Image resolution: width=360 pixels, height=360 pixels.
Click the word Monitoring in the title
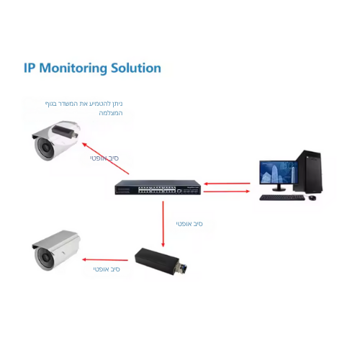(73, 68)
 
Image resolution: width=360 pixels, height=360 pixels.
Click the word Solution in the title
(136, 68)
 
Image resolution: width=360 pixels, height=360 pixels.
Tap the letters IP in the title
(30, 68)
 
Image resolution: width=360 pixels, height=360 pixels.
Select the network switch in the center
(158, 187)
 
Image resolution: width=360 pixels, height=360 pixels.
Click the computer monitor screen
(279, 173)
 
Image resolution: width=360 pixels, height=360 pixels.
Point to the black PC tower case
(308, 171)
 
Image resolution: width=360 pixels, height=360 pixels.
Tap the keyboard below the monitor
(282, 198)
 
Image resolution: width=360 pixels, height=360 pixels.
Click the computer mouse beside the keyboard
(312, 198)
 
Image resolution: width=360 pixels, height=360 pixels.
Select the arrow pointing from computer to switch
(227, 184)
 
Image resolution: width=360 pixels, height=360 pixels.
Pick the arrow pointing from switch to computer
(227, 192)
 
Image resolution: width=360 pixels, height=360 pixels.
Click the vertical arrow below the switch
(163, 224)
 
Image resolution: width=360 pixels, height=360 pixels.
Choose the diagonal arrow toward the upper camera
(106, 158)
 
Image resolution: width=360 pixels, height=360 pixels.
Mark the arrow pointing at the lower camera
(105, 260)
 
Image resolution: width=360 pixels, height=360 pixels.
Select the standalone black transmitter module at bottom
(161, 261)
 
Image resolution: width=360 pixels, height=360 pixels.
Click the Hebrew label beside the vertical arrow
(189, 224)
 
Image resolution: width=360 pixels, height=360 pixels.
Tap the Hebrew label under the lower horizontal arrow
(107, 269)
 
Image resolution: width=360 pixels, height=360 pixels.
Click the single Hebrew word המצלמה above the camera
(111, 113)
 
